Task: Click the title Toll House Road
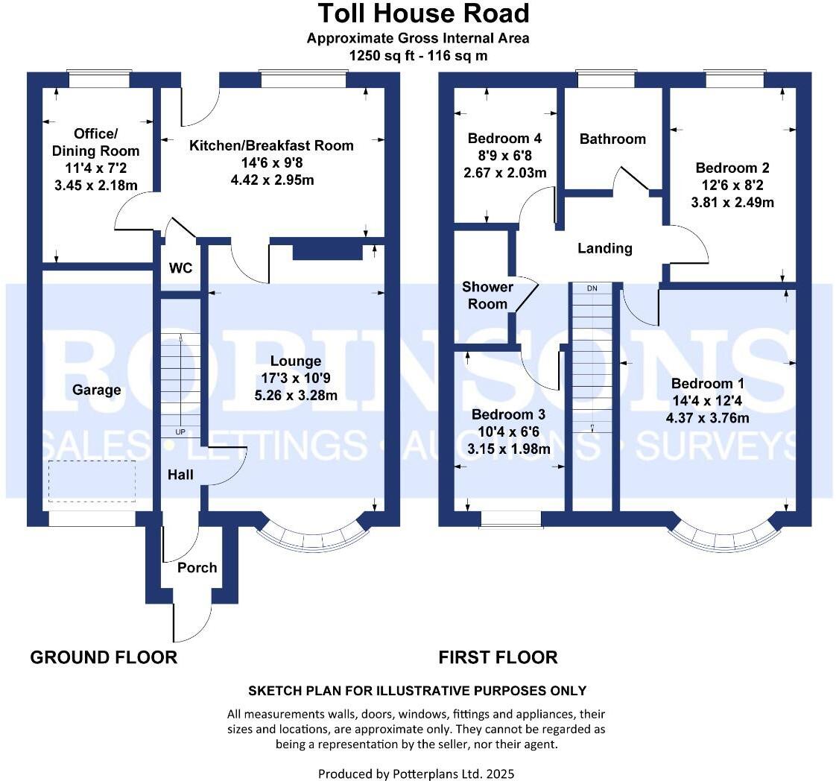click(424, 13)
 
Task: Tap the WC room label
click(181, 268)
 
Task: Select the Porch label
click(197, 568)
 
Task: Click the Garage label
click(97, 389)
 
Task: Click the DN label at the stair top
click(592, 288)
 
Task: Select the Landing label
click(604, 248)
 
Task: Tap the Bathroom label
click(612, 139)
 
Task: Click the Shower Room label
click(488, 295)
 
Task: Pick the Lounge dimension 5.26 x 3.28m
click(295, 396)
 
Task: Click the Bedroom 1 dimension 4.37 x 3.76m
click(707, 418)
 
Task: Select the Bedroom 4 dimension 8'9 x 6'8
click(504, 156)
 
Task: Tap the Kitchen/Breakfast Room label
click(271, 145)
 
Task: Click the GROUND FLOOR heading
click(104, 657)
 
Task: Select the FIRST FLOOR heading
click(498, 657)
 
